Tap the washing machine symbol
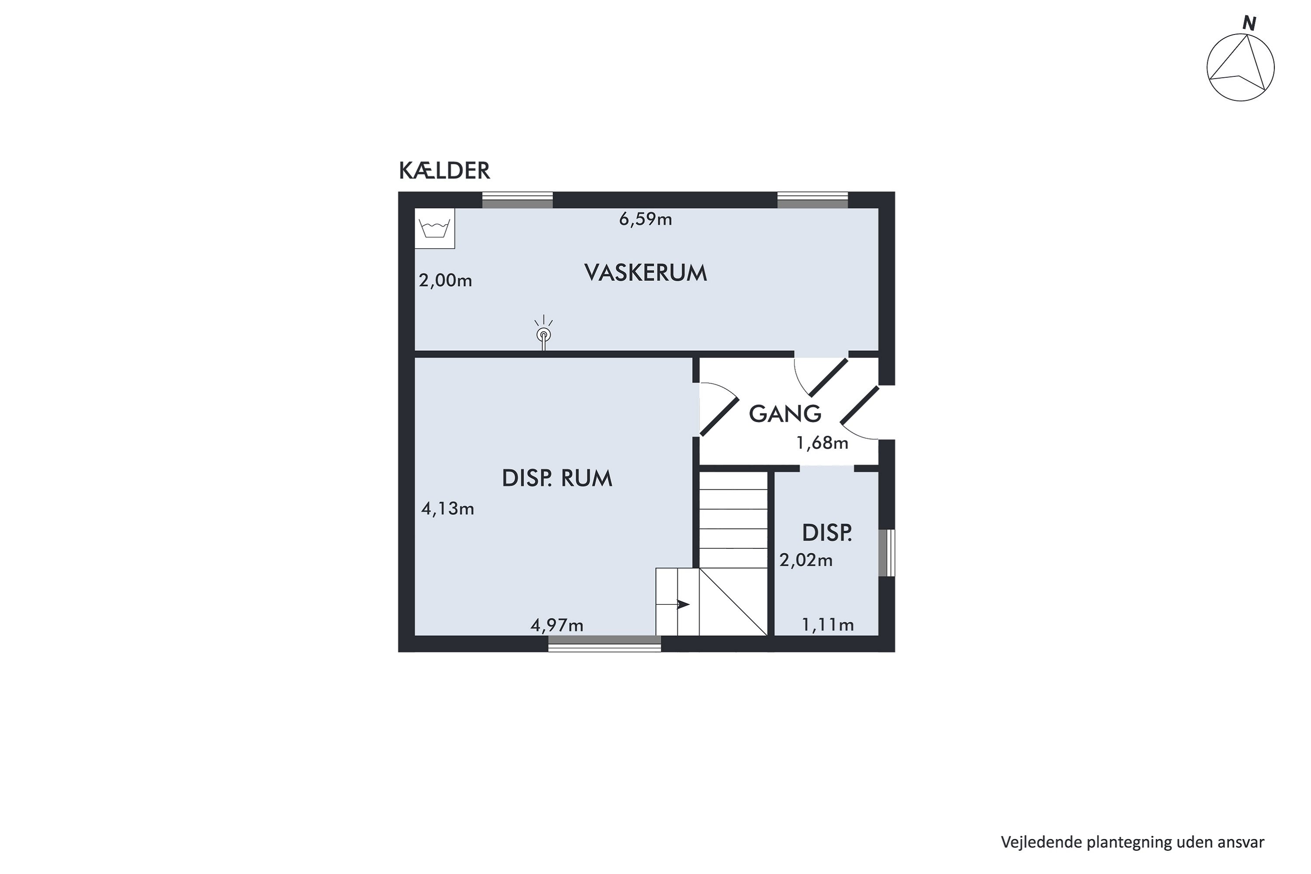[x=435, y=229]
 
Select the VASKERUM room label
[x=645, y=273]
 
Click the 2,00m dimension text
[x=445, y=281]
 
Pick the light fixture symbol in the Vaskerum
[x=543, y=334]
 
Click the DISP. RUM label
[x=557, y=478]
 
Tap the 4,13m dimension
[x=447, y=509]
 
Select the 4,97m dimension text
[x=557, y=625]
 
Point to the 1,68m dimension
[x=822, y=443]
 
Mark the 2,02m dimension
[x=806, y=560]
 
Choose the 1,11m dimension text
[x=828, y=625]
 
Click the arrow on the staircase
[x=682, y=604]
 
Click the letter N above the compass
[x=1249, y=24]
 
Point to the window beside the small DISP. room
[x=886, y=552]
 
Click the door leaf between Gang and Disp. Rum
[x=719, y=416]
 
